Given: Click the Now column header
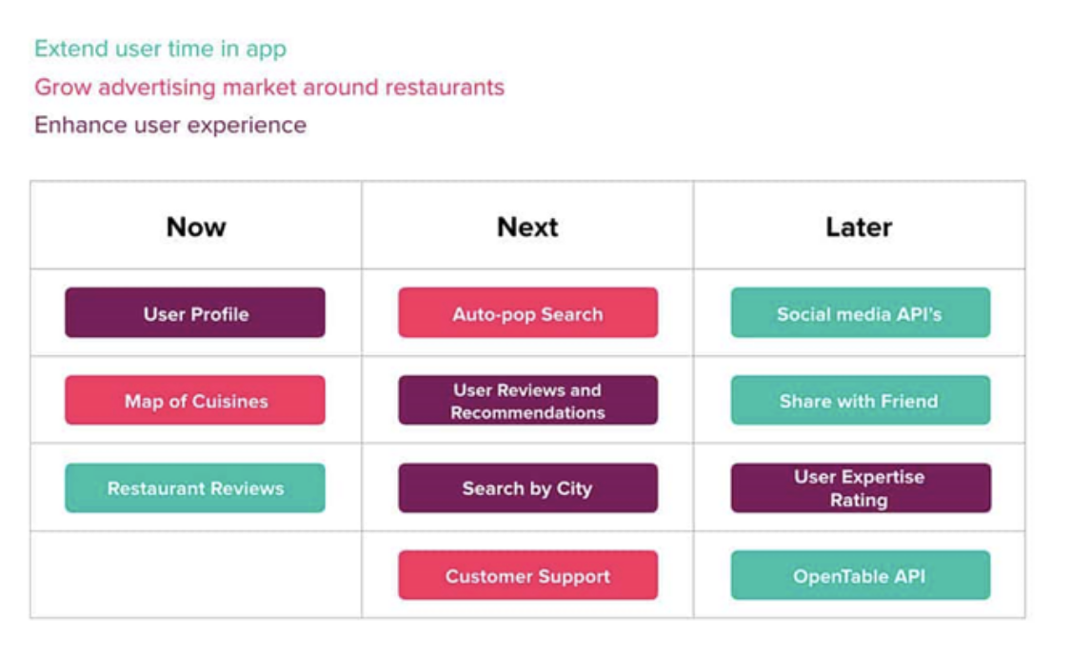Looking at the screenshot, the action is (x=196, y=227).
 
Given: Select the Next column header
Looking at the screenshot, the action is (x=527, y=227).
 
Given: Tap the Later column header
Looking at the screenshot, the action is (x=859, y=227).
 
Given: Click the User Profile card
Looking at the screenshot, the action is (x=195, y=312).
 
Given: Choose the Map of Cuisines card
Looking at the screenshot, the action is (x=195, y=400).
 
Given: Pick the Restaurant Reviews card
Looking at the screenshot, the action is (x=195, y=488).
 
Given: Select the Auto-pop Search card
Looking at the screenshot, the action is (x=527, y=312).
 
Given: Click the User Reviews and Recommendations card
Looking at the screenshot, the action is (x=527, y=400).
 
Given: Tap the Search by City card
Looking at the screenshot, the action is (x=527, y=488).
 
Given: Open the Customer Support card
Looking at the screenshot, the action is (x=527, y=575).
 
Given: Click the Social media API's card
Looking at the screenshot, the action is (x=860, y=312).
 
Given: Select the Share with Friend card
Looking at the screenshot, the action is (x=860, y=400).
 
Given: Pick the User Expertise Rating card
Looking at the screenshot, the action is (x=860, y=488).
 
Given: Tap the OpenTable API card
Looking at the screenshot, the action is (x=860, y=575).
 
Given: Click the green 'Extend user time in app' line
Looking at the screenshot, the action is (x=161, y=50).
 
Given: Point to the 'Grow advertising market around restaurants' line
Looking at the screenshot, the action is (x=269, y=88).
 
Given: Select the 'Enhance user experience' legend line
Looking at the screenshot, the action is (x=170, y=125).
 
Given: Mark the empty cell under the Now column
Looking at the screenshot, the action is (x=195, y=575).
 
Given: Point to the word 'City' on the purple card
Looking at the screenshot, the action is (x=574, y=488).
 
